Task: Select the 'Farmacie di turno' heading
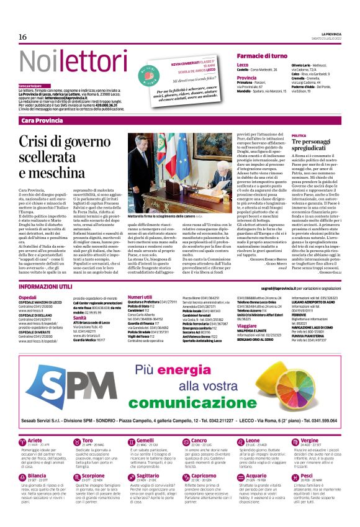[x=261, y=56]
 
